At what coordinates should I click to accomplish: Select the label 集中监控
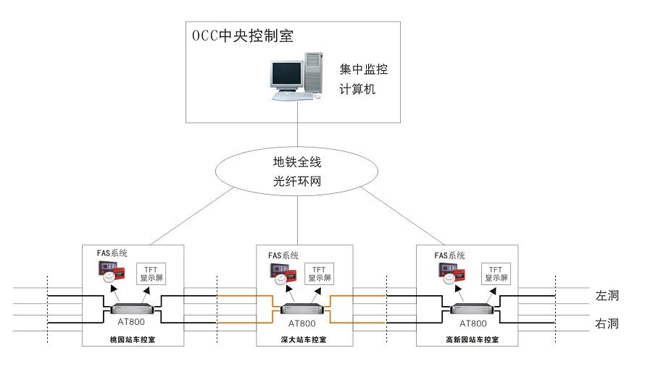point(364,70)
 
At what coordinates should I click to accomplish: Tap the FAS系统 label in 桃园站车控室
point(112,254)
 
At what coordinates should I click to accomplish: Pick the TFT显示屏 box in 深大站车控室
point(319,273)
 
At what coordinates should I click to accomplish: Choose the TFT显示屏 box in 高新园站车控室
point(496,273)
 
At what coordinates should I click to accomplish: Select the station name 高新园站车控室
point(473,339)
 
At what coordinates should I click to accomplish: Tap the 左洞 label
point(607,296)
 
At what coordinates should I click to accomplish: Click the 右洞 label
point(607,323)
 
